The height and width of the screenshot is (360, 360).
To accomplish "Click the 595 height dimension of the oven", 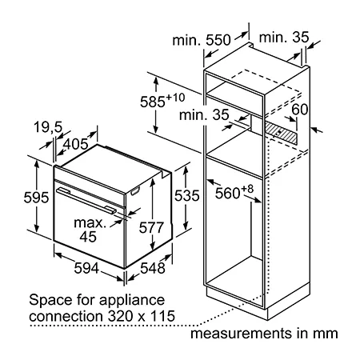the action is point(36,198).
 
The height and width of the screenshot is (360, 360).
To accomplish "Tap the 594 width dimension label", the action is point(86,268).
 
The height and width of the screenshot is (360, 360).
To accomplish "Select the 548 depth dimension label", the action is point(153,268).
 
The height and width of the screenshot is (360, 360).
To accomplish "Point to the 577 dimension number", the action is point(151,227).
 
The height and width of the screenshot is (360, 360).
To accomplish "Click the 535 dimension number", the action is point(187,195).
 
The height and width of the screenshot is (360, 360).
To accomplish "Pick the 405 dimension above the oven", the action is point(75,144).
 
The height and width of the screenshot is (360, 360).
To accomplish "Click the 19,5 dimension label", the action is point(48,127).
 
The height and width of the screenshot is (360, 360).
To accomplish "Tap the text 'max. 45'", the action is point(90,230).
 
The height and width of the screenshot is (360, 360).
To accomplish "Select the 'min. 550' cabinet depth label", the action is point(202,40).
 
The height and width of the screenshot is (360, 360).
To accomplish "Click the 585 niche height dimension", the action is point(162,101).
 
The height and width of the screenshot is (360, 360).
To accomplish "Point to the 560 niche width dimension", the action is point(234,192).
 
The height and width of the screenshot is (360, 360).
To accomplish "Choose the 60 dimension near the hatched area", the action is point(299,110).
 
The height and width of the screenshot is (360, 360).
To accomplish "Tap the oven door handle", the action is point(86,200).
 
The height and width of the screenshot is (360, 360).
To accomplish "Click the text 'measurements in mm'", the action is point(264,334).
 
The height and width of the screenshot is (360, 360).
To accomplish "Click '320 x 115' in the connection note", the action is point(142,316).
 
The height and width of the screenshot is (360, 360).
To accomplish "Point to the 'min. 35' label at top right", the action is point(284,38).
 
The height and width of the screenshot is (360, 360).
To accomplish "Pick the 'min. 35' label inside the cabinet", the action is point(204,115).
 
